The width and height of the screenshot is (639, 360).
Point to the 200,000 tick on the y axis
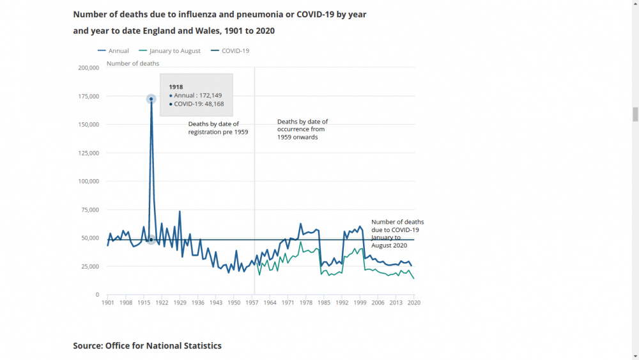[88, 68]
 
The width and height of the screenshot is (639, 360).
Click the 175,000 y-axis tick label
[88, 97]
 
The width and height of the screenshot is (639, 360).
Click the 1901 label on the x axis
[107, 302]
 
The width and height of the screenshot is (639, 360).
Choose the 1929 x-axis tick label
[180, 302]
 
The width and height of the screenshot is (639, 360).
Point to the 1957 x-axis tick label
[252, 302]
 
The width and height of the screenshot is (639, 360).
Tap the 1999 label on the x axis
[360, 302]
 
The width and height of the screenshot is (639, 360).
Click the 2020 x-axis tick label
[415, 302]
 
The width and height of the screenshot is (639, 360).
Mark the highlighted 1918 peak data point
[151, 99]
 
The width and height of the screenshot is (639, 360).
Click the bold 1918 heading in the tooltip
[176, 86]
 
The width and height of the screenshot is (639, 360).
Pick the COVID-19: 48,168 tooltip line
[198, 104]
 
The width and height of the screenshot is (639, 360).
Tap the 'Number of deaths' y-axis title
[133, 63]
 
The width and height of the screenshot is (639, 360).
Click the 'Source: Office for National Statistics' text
[147, 346]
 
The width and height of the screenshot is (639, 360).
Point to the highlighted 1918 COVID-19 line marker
[151, 240]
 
